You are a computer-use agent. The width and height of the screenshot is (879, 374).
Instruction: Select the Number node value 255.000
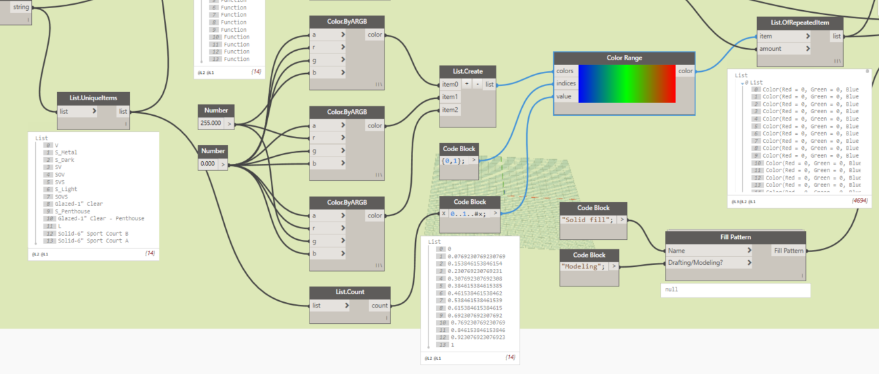tap(211, 123)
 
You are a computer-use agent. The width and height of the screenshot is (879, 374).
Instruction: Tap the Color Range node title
tap(624, 58)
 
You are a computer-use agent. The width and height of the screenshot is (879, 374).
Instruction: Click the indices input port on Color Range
tap(566, 84)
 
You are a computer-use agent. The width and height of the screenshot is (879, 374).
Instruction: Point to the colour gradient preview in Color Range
tap(626, 84)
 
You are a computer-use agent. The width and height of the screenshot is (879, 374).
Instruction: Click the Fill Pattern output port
tap(789, 251)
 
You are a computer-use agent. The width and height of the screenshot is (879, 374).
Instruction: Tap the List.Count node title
tap(349, 292)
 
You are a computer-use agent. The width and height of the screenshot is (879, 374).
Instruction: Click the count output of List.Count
tap(379, 306)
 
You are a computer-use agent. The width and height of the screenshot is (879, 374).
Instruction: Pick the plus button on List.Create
tap(467, 84)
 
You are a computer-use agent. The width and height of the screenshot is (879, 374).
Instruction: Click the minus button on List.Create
tap(477, 84)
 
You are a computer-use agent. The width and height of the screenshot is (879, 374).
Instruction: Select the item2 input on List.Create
tap(450, 110)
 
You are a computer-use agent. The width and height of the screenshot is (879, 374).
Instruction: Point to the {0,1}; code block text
tap(454, 161)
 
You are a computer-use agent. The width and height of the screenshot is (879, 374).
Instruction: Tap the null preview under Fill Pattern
tap(735, 289)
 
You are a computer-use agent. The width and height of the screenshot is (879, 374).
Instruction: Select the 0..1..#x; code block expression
tap(468, 213)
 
